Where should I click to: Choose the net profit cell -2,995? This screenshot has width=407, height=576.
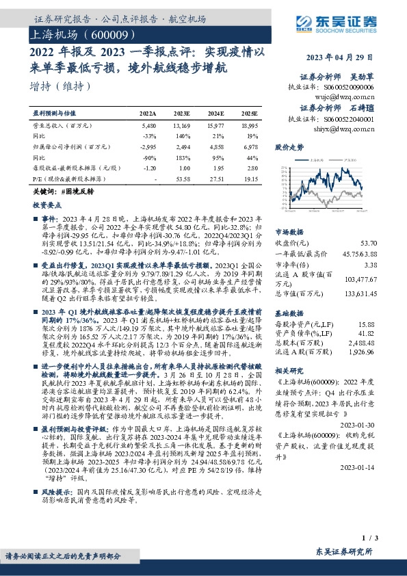coord(148,146)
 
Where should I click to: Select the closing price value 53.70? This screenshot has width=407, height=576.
coord(369,243)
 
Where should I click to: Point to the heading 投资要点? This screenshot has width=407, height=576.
coord(47,204)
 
